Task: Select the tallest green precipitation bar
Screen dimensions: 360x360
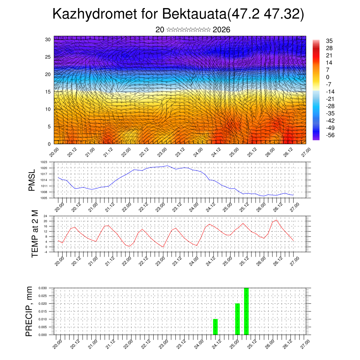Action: pos(246,311)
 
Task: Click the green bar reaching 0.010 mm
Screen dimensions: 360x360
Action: pos(216,327)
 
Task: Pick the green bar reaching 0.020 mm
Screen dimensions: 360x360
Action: pos(237,319)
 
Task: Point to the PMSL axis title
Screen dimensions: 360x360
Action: pos(32,180)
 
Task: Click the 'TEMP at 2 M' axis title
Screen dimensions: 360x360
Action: pos(34,233)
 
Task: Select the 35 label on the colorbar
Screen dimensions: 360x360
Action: pos(329,41)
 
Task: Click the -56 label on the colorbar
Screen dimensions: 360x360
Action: pos(330,135)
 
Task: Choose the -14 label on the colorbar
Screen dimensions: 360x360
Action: pos(330,91)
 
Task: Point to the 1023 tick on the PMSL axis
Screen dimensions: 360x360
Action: pos(44,162)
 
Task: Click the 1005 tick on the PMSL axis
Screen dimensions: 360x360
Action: pos(44,198)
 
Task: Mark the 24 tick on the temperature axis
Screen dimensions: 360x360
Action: pos(45,216)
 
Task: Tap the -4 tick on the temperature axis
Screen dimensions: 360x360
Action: pos(45,252)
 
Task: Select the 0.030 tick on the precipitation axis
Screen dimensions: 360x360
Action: pos(42,288)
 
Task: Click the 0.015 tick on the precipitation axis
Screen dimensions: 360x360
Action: pos(42,311)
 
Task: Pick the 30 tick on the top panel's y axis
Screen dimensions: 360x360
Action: pos(48,39)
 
